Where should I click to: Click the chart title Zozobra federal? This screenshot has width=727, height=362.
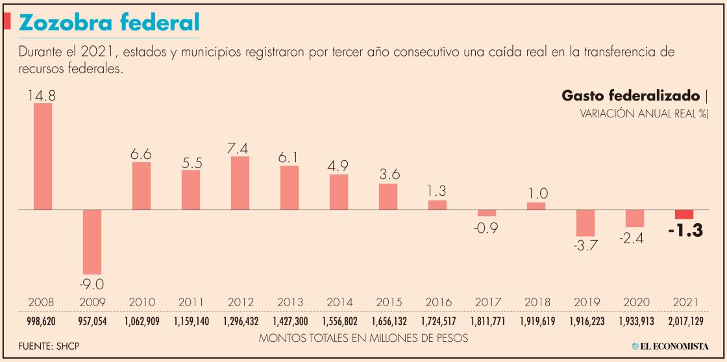tap(109, 23)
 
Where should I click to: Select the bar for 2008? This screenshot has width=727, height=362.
tap(43, 156)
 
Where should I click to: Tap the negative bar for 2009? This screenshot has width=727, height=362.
tap(92, 242)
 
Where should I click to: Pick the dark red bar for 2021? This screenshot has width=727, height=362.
tap(684, 215)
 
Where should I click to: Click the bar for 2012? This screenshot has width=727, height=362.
tap(240, 183)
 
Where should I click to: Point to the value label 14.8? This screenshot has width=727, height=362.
tap(42, 95)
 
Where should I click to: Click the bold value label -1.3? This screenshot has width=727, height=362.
tap(685, 231)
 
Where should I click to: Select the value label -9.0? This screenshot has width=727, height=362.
tap(92, 284)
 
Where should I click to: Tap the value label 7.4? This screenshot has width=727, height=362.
tap(240, 147)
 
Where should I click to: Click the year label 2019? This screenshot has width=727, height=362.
tap(585, 302)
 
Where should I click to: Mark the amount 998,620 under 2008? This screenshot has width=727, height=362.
tap(42, 321)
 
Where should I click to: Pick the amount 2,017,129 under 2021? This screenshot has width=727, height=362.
tap(684, 321)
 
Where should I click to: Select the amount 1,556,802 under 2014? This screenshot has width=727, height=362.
tap(339, 321)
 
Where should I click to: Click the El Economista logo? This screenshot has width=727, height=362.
tap(670, 346)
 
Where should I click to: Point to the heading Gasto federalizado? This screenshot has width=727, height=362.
tap(630, 97)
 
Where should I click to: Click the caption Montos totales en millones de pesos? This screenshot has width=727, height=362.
tap(363, 338)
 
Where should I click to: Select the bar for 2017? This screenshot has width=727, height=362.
tap(487, 213)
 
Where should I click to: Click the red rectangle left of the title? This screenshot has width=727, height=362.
tap(7, 21)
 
